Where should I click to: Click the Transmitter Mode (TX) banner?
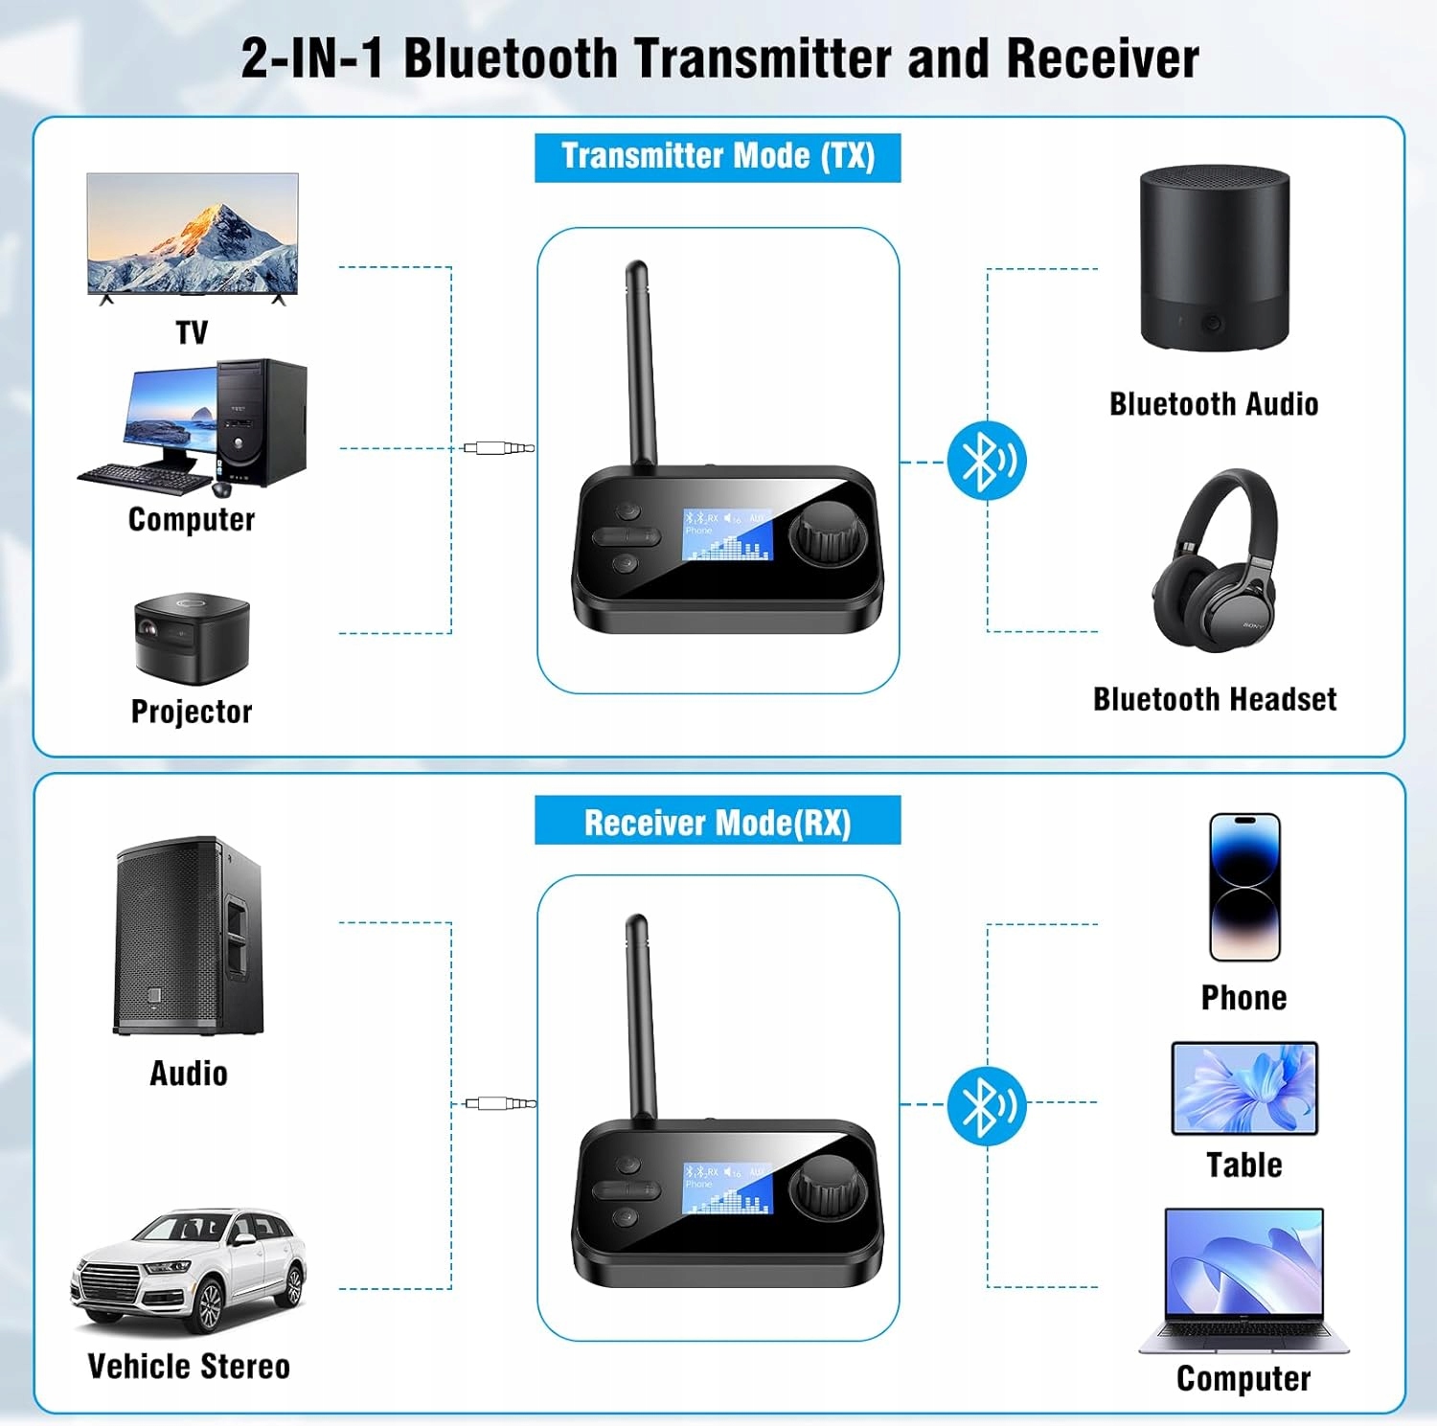coord(718,157)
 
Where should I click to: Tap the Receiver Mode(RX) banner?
coord(718,822)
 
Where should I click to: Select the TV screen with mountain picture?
coord(193,234)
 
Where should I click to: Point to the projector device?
coord(192,637)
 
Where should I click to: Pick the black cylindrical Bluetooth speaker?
coord(1214,259)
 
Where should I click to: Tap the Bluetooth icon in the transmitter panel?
coord(987,461)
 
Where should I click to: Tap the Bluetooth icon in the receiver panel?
coord(987,1105)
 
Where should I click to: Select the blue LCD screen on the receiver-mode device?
coord(727,1188)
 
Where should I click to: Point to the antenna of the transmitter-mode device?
coord(640,364)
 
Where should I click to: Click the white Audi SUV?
coord(189,1269)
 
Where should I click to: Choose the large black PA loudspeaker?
coord(189,936)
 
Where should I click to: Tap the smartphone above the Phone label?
coord(1244,887)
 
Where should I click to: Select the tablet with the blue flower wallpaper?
coord(1244,1089)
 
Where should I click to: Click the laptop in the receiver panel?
coord(1243,1280)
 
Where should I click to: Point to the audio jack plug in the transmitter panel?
coord(498,447)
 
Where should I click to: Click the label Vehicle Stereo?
coord(189,1367)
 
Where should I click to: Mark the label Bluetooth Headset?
coord(1215,699)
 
